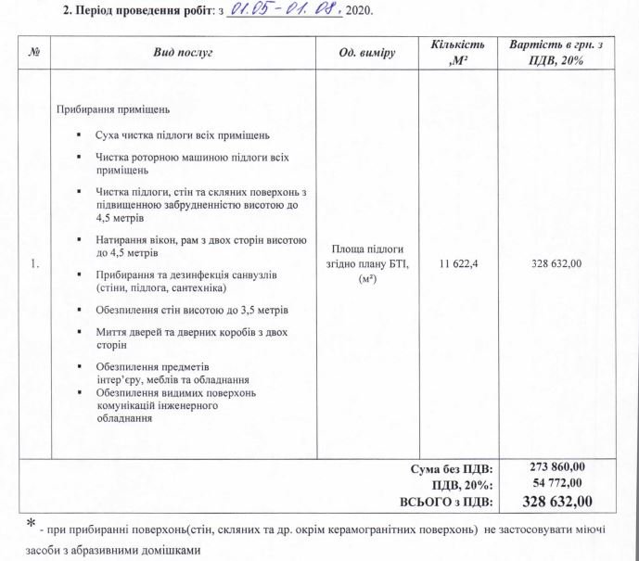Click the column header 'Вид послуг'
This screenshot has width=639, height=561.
pos(183,53)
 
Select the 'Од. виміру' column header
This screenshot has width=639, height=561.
pos(367,53)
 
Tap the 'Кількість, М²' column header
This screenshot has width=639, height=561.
pos(457,53)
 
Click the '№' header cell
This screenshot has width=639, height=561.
pos(35,53)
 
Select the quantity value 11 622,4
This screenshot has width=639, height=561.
pos(457,264)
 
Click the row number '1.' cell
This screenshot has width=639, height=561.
pos(35,264)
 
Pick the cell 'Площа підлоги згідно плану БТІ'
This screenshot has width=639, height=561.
pos(367,263)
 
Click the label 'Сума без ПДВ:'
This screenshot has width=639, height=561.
pos(452,468)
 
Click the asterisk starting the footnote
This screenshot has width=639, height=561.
pos(32,525)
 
